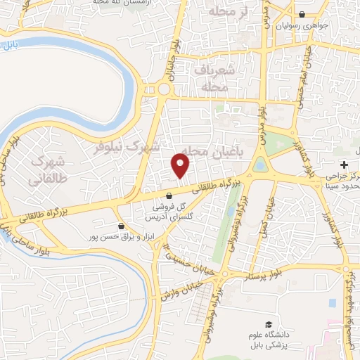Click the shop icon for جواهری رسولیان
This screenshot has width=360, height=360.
coord(302,14)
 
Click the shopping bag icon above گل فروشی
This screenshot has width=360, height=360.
coord(169,196)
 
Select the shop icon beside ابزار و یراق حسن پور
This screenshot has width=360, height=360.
coord(122,226)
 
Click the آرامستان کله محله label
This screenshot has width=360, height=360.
coord(131,4)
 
